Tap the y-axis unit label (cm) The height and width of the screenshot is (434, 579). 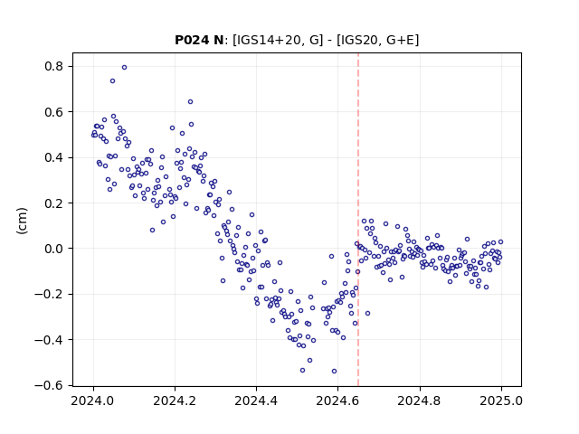coord(22,221)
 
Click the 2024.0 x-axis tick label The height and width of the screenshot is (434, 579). coord(92,401)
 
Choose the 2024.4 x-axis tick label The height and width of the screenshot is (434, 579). coord(256,401)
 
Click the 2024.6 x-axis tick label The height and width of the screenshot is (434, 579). coord(337,401)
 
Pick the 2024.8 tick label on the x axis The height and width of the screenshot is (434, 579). coord(419,401)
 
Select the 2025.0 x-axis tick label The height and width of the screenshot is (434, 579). coord(501,401)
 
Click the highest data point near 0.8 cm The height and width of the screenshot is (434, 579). coord(125,67)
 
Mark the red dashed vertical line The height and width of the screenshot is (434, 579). coord(358,220)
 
